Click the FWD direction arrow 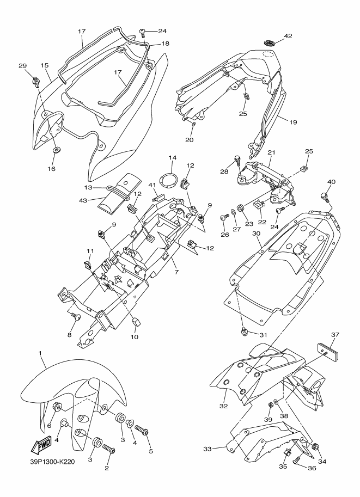point(41,447)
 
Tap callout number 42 point(288,36)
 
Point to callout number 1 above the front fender point(41,353)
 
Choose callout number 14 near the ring point(173,158)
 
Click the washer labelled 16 point(57,150)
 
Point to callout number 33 point(207,449)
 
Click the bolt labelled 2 point(109,450)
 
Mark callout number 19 point(293,122)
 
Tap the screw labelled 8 point(76,317)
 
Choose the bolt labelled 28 point(237,160)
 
